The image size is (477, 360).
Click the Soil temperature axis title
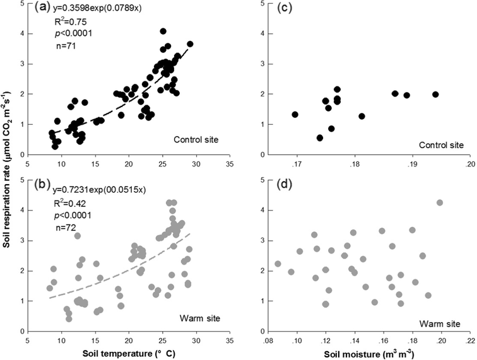[129, 352]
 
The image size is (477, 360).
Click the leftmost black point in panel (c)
[295, 115]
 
